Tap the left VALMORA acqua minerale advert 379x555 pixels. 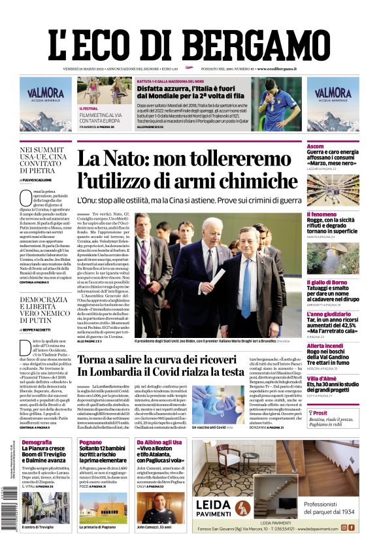click(45, 105)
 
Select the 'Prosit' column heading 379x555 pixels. click(320, 413)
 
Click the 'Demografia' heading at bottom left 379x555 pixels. click(37, 443)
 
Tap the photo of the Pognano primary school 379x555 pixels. click(104, 507)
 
